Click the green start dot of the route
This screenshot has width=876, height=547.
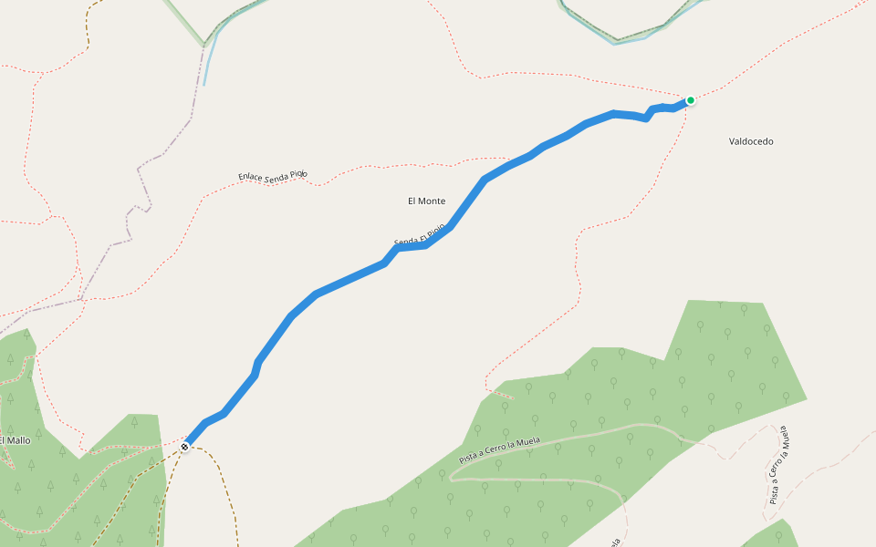[691, 100]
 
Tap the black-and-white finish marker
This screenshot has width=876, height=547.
[185, 447]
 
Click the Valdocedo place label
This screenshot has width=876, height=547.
[751, 141]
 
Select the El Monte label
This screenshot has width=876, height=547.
[426, 201]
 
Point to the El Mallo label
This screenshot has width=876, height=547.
[16, 440]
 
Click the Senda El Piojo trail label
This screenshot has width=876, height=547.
[420, 233]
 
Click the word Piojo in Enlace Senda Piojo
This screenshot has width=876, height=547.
[299, 173]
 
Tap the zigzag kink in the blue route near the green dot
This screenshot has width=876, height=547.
[649, 114]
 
